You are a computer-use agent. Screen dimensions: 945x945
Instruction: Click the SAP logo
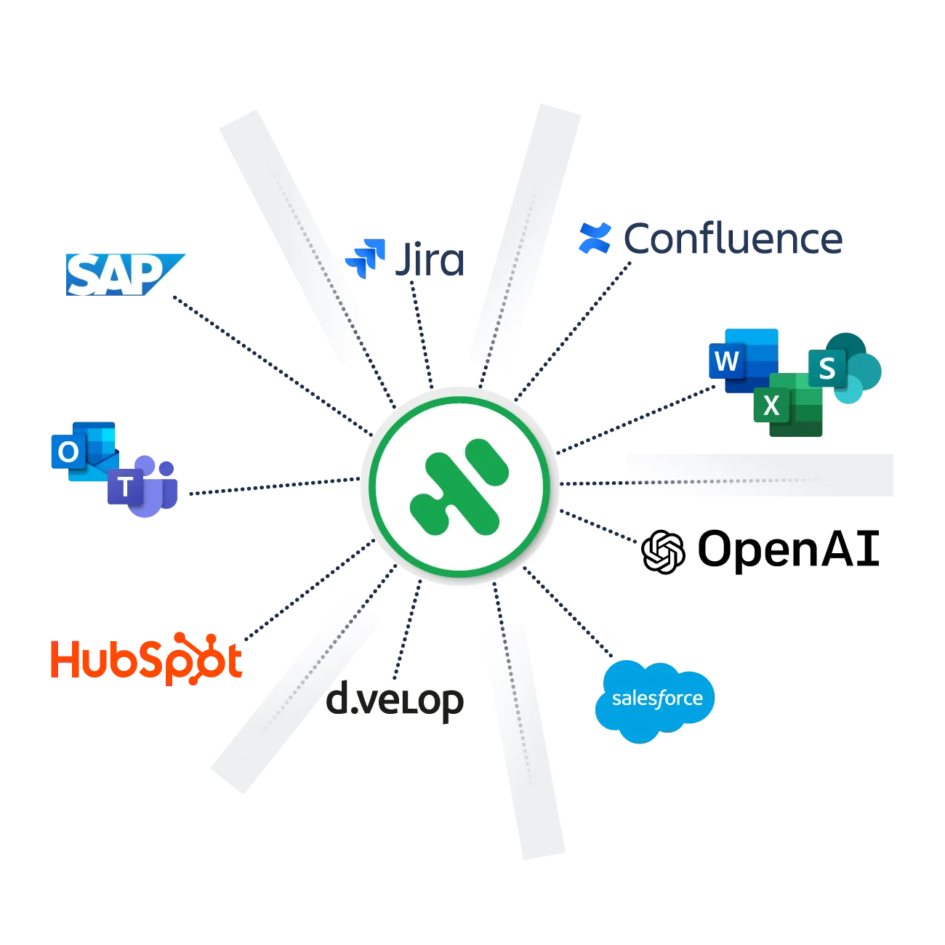[x=125, y=275]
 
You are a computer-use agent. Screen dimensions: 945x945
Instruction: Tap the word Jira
[x=430, y=260]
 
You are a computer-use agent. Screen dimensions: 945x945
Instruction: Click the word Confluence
[x=733, y=239]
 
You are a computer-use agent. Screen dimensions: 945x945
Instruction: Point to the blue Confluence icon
[x=595, y=238]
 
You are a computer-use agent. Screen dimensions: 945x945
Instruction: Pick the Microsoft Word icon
[x=744, y=361]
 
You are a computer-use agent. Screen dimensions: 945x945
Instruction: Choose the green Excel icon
[x=788, y=405]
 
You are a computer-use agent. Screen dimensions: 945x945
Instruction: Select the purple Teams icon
[x=142, y=486]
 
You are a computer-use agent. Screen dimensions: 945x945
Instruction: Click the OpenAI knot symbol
[x=663, y=552]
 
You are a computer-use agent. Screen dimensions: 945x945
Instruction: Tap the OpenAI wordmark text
[x=789, y=550]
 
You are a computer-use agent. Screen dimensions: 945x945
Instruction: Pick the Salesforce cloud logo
[x=655, y=701]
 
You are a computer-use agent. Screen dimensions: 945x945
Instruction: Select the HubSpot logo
[x=146, y=659]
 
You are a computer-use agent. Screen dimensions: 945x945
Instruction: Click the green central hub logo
[x=459, y=486]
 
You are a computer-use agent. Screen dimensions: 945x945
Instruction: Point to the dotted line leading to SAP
[x=273, y=366]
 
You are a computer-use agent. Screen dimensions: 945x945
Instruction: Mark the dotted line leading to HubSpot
[x=310, y=590]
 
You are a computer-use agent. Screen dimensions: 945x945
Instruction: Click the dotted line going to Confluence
[x=573, y=331]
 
